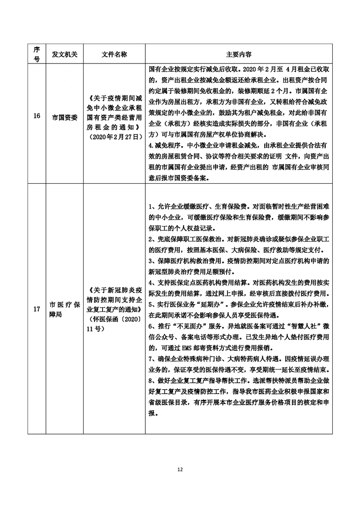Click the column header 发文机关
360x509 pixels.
64,54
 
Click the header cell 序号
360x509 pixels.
37,54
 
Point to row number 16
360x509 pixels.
37,117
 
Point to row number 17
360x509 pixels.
37,309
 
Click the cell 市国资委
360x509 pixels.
64,117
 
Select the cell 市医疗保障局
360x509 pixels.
64,309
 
